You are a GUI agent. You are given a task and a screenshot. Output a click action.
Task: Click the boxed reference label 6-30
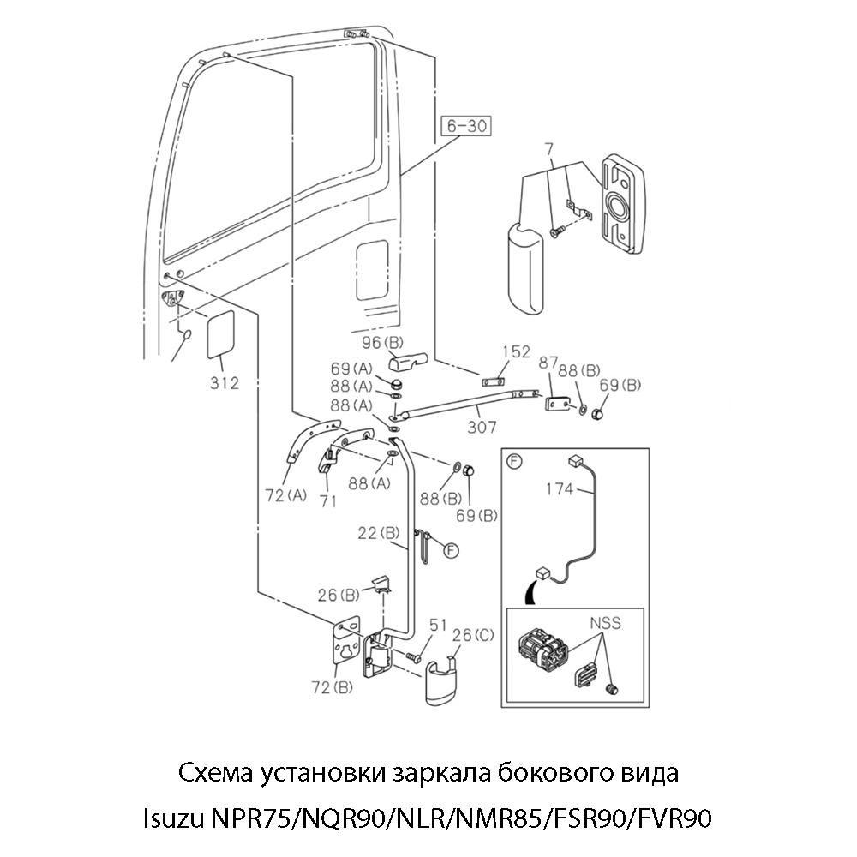click(x=467, y=126)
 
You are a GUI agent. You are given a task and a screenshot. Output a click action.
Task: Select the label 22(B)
click(x=379, y=534)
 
